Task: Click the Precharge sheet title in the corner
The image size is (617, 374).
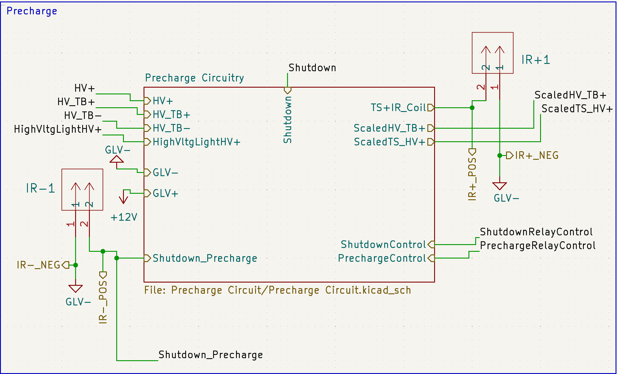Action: point(32,11)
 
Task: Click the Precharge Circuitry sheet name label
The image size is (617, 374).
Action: point(194,78)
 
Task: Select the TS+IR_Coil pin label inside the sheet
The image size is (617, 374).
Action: point(398,108)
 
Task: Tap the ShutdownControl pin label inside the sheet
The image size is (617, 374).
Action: point(383,244)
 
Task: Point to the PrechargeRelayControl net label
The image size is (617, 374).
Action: point(537,246)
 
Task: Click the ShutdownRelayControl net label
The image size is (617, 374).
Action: point(536,232)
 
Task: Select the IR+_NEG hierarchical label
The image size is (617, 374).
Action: point(536,155)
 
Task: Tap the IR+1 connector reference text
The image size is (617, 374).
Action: point(535,60)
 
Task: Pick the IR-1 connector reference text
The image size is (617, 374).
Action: point(41,188)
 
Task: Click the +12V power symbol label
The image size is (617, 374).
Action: point(124,217)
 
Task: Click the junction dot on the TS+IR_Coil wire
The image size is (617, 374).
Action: point(472,108)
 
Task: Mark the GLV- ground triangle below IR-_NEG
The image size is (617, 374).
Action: point(75,288)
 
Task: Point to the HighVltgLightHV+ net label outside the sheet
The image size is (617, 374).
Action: point(58,129)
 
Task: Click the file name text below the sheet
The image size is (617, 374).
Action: point(277,290)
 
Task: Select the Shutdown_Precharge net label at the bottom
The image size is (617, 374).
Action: point(210,355)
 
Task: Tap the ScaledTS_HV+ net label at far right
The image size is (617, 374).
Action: point(577,109)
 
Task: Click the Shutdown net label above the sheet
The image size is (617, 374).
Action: point(312,68)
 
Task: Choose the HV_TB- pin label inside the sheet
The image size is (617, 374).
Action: point(171,128)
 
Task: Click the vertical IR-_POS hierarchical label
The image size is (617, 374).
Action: point(103,302)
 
